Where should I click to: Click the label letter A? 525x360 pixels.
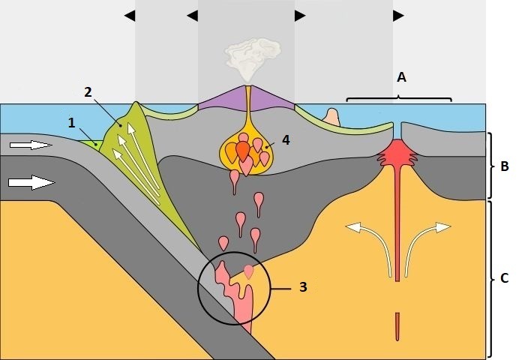(x=401, y=77)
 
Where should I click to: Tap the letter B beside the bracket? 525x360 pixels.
(x=505, y=166)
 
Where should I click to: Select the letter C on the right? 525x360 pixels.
(x=505, y=278)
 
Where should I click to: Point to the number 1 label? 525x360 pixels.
(x=72, y=123)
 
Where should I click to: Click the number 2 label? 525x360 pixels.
(x=88, y=92)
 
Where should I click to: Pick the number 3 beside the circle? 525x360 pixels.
(x=303, y=287)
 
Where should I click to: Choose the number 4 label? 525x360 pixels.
(x=286, y=140)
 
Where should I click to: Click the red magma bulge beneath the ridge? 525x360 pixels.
(x=397, y=152)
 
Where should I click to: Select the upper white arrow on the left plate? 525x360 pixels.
(x=31, y=145)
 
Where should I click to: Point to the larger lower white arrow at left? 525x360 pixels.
(x=31, y=182)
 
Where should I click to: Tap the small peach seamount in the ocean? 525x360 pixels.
(x=331, y=117)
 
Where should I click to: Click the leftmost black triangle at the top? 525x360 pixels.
(x=130, y=16)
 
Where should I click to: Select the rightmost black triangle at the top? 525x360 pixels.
(x=398, y=16)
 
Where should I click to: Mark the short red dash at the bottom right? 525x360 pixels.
(x=397, y=327)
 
